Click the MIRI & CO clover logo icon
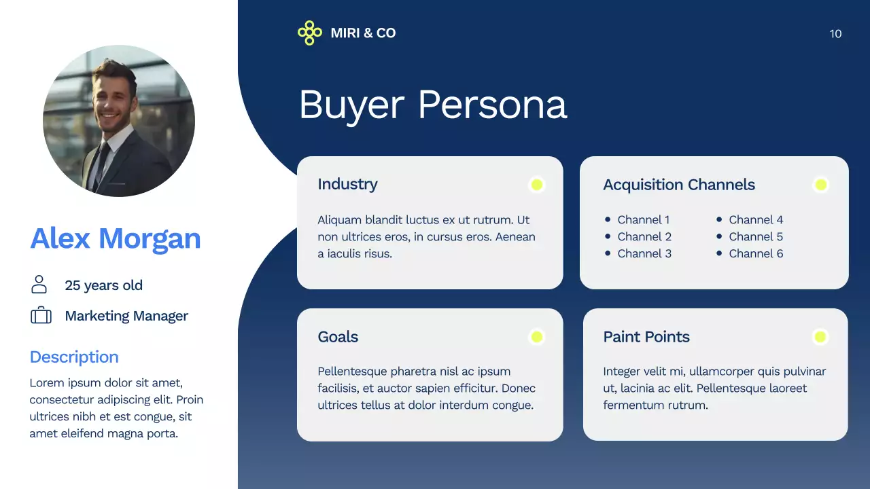pyautogui.click(x=309, y=33)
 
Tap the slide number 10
pyautogui.click(x=835, y=34)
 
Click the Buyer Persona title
pyautogui.click(x=432, y=105)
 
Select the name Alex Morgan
pyautogui.click(x=116, y=238)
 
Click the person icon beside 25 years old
pyautogui.click(x=39, y=285)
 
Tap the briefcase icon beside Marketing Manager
pyautogui.click(x=41, y=316)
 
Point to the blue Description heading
pyautogui.click(x=74, y=357)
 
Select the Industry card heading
pyautogui.click(x=347, y=184)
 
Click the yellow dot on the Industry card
pyautogui.click(x=537, y=185)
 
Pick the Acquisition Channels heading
pyautogui.click(x=679, y=185)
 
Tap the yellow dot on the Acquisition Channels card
pyautogui.click(x=820, y=185)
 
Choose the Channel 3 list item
pyautogui.click(x=644, y=253)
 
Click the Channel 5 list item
pyautogui.click(x=756, y=236)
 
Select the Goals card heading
pyautogui.click(x=338, y=337)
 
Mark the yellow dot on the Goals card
pyautogui.click(x=537, y=337)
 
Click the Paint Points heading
pyautogui.click(x=646, y=337)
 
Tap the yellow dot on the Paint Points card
pyautogui.click(x=820, y=337)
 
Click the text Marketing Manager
pyautogui.click(x=126, y=316)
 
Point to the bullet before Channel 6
pyautogui.click(x=719, y=253)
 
